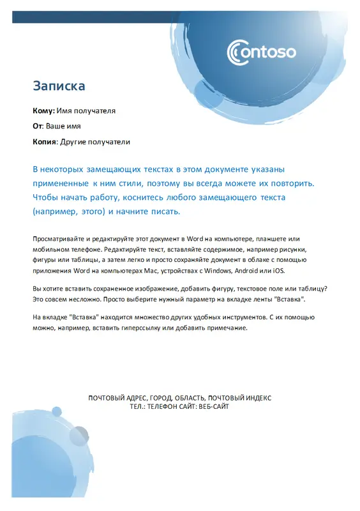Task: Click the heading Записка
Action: click(59, 85)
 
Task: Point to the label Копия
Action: click(45, 141)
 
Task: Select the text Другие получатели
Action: click(94, 141)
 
